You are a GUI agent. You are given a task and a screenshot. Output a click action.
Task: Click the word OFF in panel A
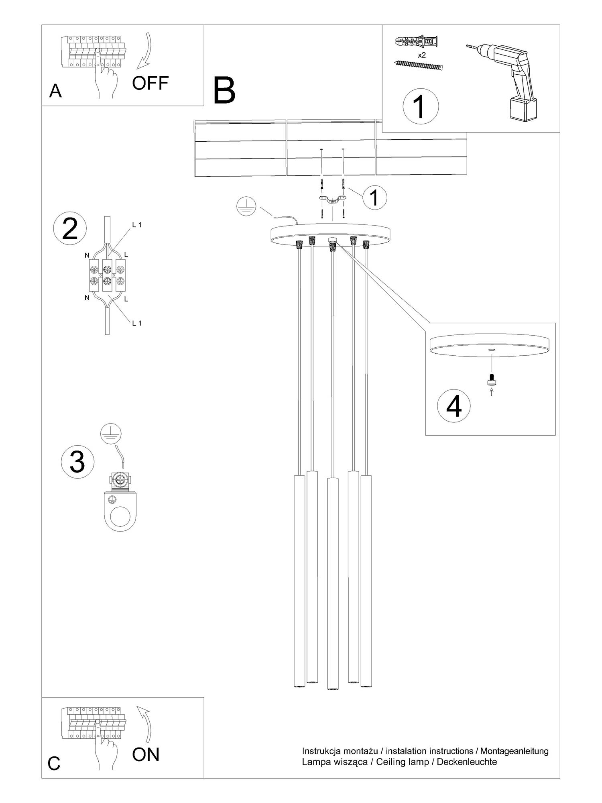click(x=150, y=83)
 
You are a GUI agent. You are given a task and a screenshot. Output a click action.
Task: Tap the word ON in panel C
click(x=146, y=754)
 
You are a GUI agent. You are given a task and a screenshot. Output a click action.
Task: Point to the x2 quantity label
click(x=421, y=55)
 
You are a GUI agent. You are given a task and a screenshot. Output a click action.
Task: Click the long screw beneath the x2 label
click(x=419, y=65)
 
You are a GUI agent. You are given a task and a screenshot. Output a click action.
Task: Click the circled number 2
click(x=70, y=229)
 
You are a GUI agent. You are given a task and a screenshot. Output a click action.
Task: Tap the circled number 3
click(x=77, y=461)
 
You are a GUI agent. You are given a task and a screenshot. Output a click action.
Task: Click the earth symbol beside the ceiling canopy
click(x=246, y=206)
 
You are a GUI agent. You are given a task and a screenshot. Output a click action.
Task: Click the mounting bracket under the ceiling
click(x=332, y=200)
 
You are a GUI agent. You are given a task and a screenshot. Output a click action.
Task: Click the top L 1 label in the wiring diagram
click(x=136, y=225)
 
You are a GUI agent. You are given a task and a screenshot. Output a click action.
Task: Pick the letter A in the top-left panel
click(x=55, y=91)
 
